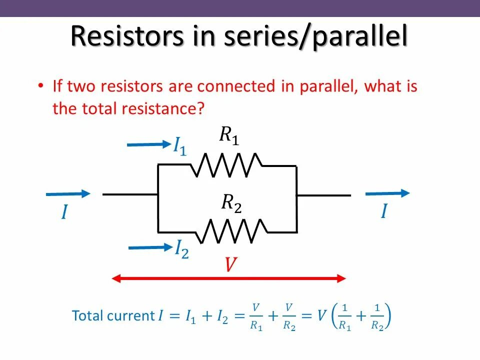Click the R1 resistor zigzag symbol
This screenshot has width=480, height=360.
[x=226, y=165]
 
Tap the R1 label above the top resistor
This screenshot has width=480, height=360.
[x=229, y=135]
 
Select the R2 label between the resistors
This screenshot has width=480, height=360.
[x=231, y=202]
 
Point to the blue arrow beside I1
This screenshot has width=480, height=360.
[x=148, y=144]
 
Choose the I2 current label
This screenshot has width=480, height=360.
[x=181, y=249]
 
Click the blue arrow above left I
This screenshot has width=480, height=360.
[x=68, y=193]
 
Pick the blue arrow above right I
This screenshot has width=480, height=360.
[x=387, y=193]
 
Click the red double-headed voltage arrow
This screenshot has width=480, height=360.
[x=228, y=277]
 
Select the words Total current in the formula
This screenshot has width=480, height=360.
[x=113, y=316]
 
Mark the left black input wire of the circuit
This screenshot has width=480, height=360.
[x=130, y=194]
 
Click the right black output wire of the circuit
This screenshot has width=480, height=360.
[x=323, y=195]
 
